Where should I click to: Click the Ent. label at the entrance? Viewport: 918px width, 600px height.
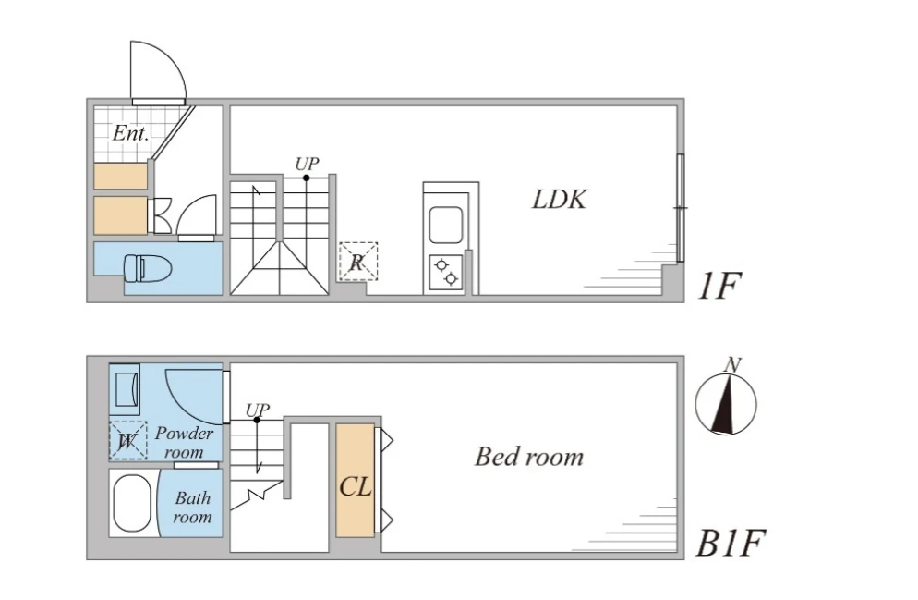pyautogui.click(x=131, y=133)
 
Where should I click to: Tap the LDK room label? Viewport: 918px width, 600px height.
pyautogui.click(x=560, y=199)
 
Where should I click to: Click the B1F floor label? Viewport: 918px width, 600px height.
pyautogui.click(x=731, y=544)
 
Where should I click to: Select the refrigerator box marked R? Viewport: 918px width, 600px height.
pyautogui.click(x=357, y=261)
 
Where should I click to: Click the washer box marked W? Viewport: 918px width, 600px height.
pyautogui.click(x=127, y=441)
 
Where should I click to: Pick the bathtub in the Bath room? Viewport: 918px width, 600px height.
pyautogui.click(x=131, y=504)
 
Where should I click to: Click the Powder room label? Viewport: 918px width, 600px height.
pyautogui.click(x=184, y=442)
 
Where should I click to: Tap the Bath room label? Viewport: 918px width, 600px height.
pyautogui.click(x=192, y=508)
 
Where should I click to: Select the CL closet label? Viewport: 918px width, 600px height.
pyautogui.click(x=356, y=486)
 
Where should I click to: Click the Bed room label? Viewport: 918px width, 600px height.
pyautogui.click(x=529, y=456)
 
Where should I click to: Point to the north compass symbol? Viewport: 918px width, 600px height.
pyautogui.click(x=727, y=403)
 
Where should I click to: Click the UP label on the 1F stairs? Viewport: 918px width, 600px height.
pyautogui.click(x=308, y=164)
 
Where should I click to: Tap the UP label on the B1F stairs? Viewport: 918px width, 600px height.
pyautogui.click(x=258, y=409)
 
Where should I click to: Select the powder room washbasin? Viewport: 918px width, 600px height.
pyautogui.click(x=126, y=389)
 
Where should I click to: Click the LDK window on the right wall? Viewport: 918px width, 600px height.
pyautogui.click(x=680, y=208)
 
